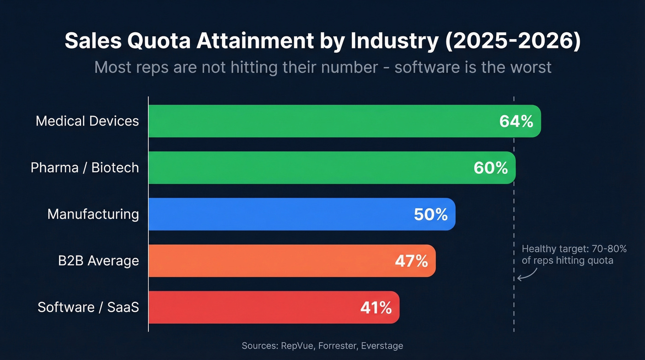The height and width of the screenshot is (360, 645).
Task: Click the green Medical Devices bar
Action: (322, 121)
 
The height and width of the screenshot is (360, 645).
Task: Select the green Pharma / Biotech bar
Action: (309, 168)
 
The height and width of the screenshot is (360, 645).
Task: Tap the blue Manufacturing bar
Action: (276, 214)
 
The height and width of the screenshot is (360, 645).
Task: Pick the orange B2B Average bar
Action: (267, 261)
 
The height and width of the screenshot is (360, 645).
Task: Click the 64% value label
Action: (516, 121)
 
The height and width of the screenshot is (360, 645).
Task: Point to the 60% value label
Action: (491, 168)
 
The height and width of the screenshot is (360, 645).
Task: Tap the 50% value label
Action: (431, 214)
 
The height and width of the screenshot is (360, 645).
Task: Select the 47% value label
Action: (411, 261)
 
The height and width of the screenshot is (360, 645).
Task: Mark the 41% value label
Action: (376, 307)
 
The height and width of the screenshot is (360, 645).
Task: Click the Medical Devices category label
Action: (87, 121)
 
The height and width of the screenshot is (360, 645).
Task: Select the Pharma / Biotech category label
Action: (85, 168)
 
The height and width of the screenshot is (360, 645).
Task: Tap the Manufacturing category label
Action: (93, 214)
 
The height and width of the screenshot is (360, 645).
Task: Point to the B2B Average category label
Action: (98, 261)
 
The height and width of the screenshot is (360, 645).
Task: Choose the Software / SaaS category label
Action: (88, 307)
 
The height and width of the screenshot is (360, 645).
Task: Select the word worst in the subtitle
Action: (528, 67)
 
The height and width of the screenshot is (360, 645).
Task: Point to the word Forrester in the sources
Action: (337, 346)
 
